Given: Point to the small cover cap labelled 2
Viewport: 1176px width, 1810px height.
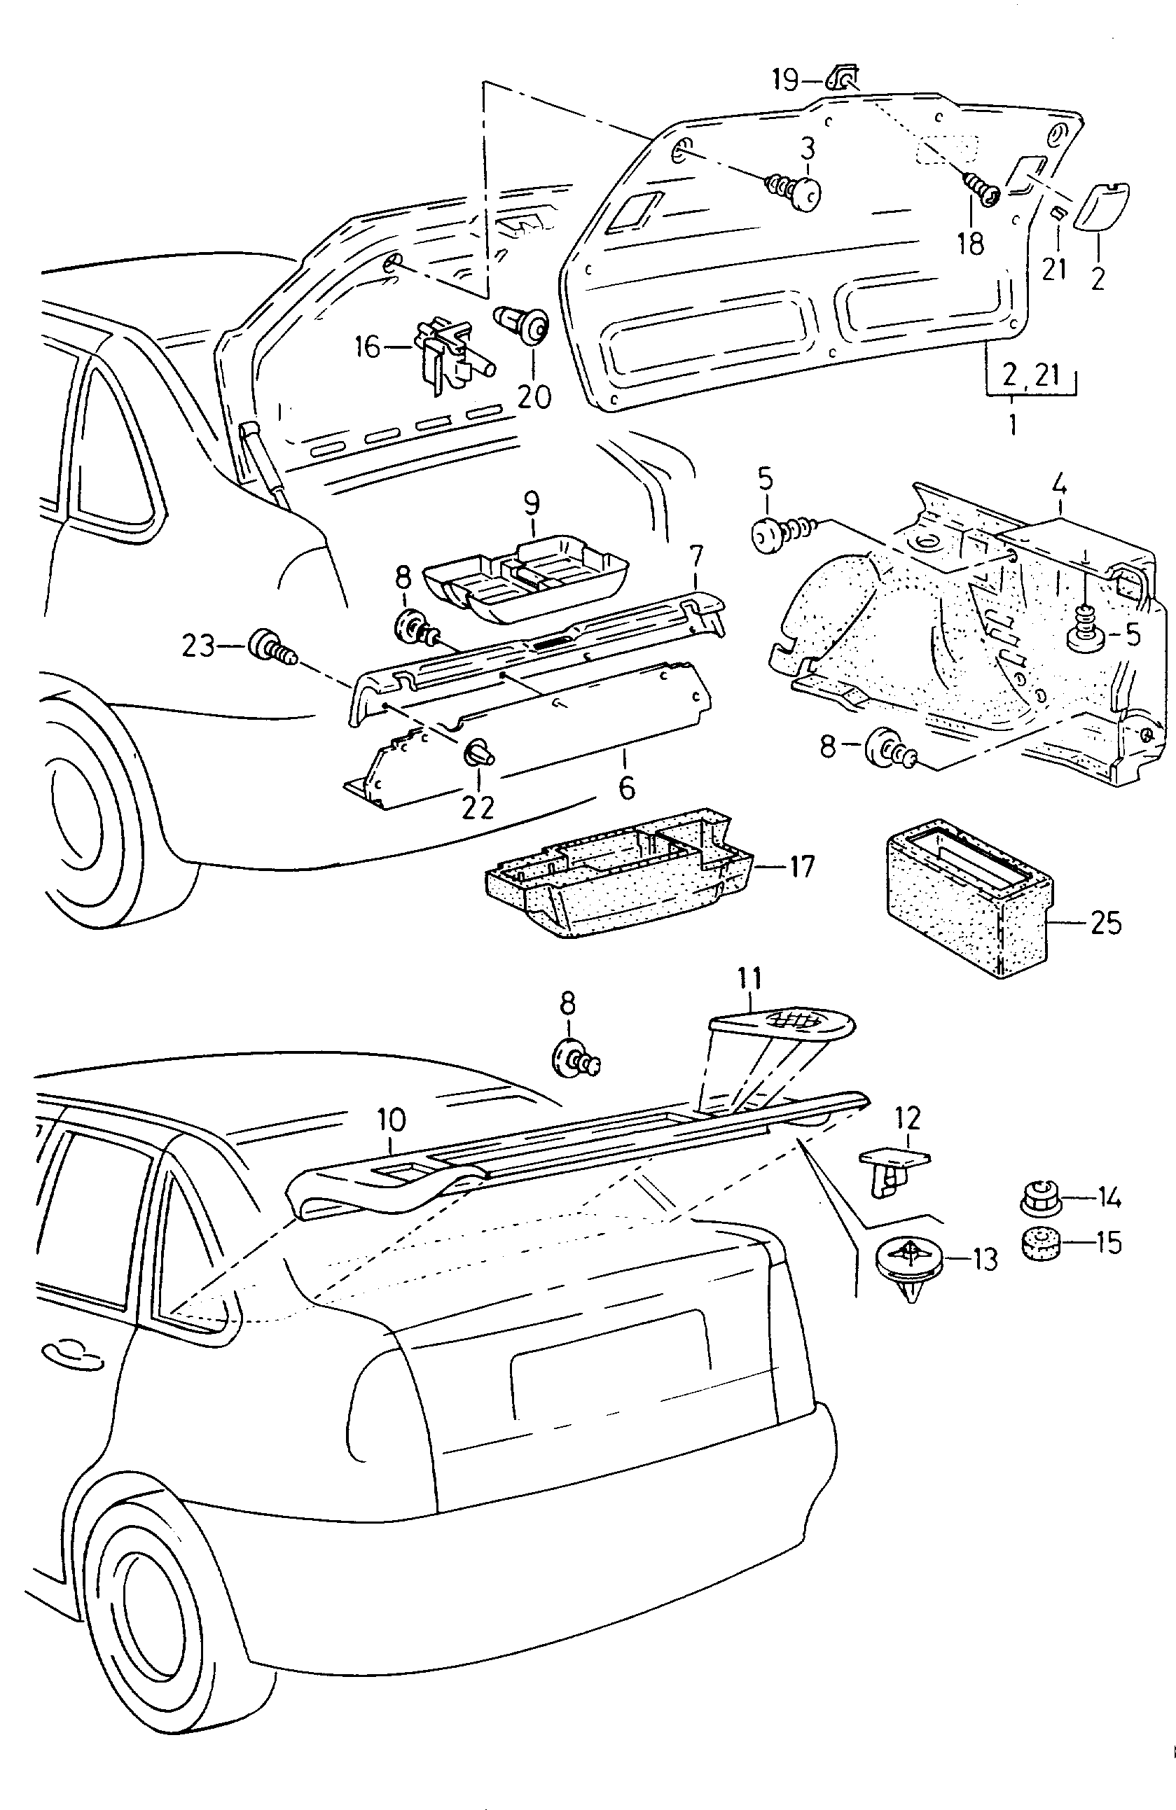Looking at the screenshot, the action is pos(1100,204).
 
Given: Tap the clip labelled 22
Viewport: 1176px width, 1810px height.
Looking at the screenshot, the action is pos(478,753).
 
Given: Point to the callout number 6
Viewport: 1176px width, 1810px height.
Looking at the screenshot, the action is pos(626,787).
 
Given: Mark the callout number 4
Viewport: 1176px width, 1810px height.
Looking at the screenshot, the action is pos(1060,482).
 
